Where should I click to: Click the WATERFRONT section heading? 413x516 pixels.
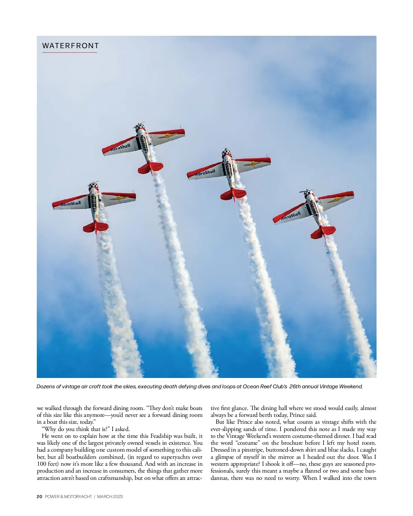point(70,46)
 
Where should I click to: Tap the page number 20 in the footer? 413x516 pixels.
point(39,496)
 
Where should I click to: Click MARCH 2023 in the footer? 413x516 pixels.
point(110,496)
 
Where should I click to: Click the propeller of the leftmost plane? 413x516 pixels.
point(93,183)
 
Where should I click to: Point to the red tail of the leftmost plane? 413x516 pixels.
point(95,227)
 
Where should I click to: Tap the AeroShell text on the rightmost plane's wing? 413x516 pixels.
point(291,216)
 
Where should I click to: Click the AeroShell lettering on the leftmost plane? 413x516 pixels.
point(71,203)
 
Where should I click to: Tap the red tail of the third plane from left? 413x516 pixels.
point(233,194)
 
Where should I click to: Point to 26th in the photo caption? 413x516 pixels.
point(297,386)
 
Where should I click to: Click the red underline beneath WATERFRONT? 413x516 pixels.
point(70,52)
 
